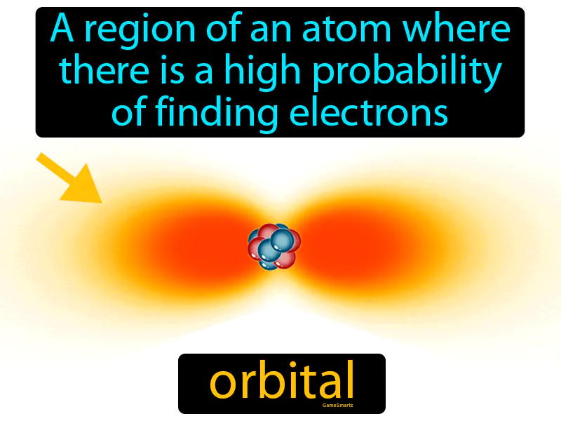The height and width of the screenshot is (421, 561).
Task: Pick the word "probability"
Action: tap(407, 74)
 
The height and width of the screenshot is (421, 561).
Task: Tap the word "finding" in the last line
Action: tap(217, 114)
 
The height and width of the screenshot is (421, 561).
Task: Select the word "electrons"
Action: tap(369, 112)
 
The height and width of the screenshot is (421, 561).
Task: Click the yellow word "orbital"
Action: tap(282, 380)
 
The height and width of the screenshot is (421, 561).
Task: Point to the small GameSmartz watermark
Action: tap(337, 406)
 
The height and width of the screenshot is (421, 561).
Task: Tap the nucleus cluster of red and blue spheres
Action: tap(274, 246)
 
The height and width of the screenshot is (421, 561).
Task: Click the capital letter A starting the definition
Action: tap(62, 29)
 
